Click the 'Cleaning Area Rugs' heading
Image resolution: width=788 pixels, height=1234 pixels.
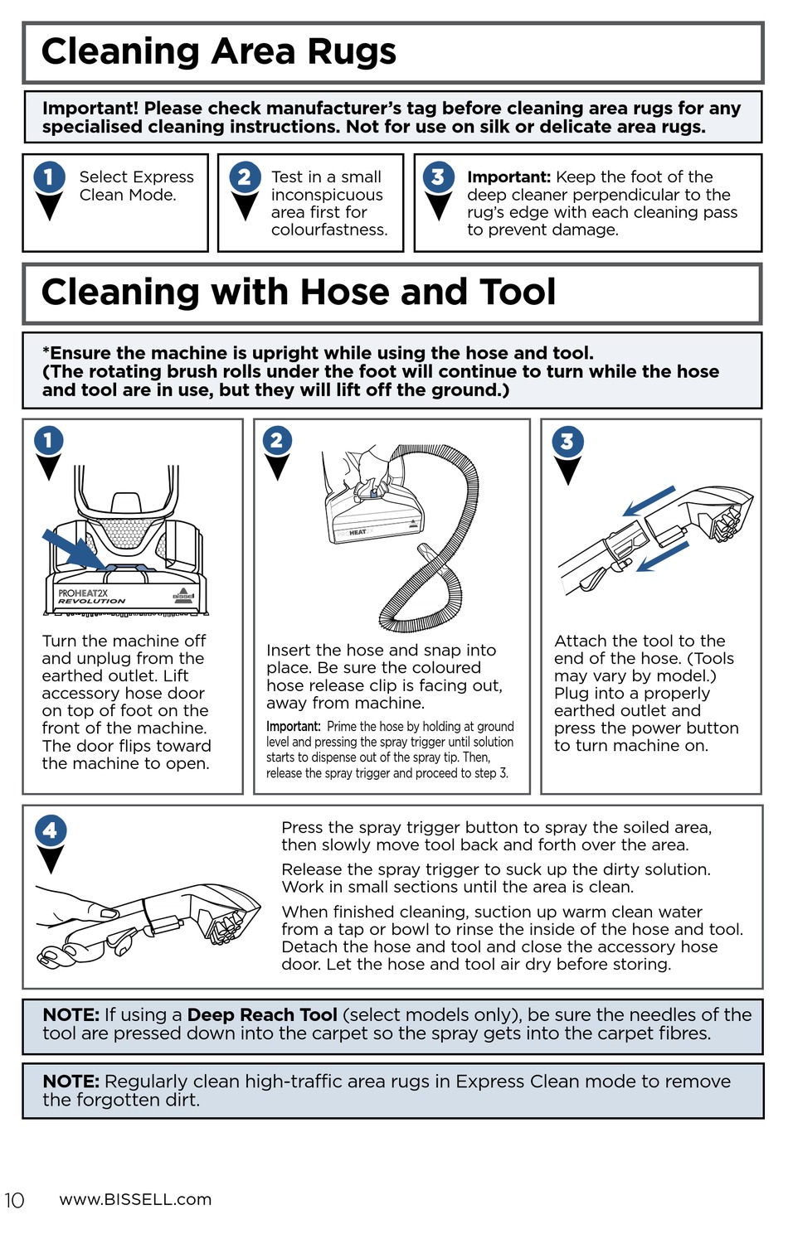tap(218, 51)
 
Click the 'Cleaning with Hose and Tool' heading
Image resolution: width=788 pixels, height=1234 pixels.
tap(299, 292)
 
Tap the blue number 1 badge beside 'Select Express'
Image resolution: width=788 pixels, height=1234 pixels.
tap(49, 177)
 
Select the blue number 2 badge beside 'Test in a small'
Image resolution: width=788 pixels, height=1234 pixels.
tap(245, 177)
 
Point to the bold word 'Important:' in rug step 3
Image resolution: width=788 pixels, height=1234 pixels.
tap(508, 177)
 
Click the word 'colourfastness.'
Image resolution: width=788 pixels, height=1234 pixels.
tap(329, 230)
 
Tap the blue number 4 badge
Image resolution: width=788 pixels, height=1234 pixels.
tap(50, 830)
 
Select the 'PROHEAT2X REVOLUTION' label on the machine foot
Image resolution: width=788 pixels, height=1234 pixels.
tap(91, 597)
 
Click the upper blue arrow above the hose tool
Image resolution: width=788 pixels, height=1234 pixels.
tap(649, 501)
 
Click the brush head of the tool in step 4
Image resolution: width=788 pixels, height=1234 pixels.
tap(230, 918)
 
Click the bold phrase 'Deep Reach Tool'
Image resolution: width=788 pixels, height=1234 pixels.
tap(262, 1014)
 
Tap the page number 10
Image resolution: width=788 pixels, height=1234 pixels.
tap(14, 1200)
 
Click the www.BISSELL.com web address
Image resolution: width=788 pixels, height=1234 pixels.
tap(135, 1199)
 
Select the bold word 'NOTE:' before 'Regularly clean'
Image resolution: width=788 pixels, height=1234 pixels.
tap(71, 1082)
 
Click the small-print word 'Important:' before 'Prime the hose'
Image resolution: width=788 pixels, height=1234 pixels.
tap(294, 726)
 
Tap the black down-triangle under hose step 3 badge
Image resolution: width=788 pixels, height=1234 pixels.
tap(567, 471)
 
